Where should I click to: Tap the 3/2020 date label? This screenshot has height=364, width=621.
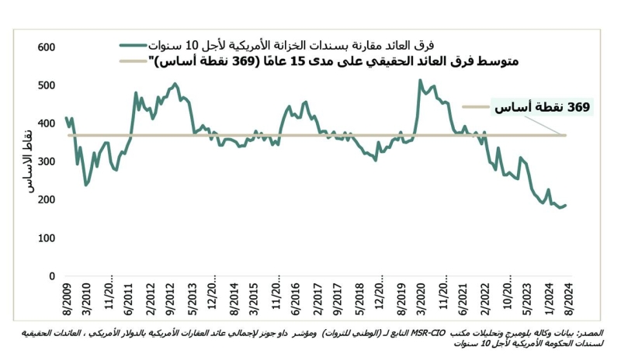coord(420,300)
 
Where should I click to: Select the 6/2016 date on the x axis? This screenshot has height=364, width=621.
coord(294,300)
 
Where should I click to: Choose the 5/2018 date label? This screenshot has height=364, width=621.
coord(357,300)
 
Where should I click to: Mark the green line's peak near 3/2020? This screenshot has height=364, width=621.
coord(420,80)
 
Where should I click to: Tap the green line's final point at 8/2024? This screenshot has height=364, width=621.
coord(566,205)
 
